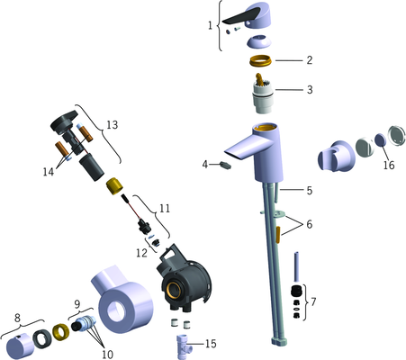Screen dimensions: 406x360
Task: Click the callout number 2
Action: [x=310, y=60]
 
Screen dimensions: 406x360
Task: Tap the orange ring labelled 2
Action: [x=260, y=60]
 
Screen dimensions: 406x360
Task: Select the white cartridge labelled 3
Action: [x=263, y=95]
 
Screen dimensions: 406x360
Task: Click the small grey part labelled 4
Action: [x=225, y=165]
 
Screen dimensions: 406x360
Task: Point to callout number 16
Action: [x=389, y=165]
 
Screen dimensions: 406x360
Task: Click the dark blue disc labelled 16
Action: [x=380, y=140]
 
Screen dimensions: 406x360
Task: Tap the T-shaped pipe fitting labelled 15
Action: [x=183, y=346]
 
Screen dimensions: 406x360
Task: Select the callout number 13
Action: [x=112, y=125]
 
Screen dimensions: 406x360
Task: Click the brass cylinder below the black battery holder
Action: [x=115, y=186]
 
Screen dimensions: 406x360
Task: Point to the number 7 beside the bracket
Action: [x=313, y=301]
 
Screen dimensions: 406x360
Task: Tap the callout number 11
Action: [x=165, y=208]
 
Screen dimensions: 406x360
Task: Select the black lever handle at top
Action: [x=240, y=16]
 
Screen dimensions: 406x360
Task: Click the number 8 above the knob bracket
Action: [x=17, y=318]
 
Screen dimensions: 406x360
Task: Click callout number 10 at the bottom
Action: [x=107, y=355]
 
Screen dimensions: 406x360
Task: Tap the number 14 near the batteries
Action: [x=49, y=172]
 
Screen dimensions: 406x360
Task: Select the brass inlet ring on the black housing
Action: [x=173, y=290]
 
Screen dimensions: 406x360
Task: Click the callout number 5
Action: [x=310, y=190]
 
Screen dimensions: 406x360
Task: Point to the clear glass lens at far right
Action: [x=397, y=136]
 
